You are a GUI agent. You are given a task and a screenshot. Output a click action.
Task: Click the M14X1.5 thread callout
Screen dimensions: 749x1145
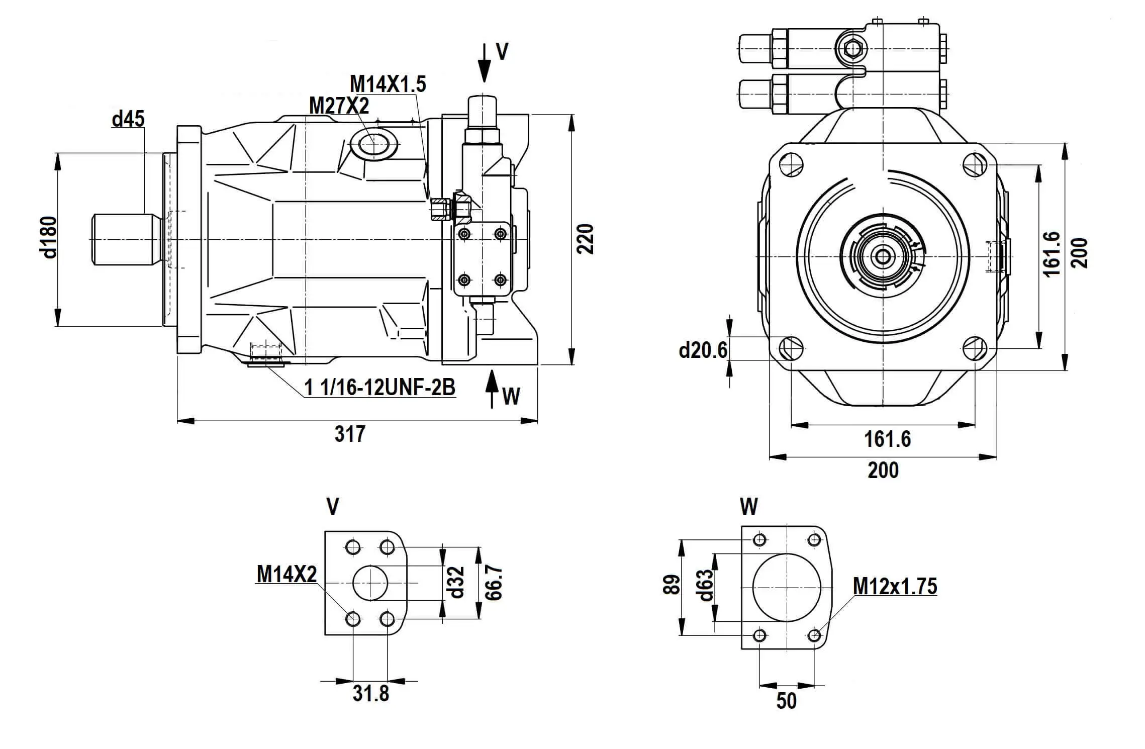pos(388,84)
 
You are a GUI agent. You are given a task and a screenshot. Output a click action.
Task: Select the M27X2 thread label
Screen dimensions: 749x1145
pos(339,106)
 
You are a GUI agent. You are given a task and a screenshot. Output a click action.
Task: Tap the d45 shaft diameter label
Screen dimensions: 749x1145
pos(128,119)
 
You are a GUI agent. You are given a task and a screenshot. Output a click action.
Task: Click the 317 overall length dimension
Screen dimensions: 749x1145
pos(350,434)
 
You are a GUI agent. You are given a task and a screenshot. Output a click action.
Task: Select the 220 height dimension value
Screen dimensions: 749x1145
pos(585,239)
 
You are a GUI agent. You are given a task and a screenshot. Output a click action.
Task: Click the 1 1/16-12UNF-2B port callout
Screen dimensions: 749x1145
pos(379,388)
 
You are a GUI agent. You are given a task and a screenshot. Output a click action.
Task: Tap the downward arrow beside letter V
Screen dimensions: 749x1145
pos(484,63)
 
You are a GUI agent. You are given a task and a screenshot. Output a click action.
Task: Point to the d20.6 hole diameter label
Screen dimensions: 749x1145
pos(703,350)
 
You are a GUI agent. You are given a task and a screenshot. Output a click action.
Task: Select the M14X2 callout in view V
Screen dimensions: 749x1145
pos(287,574)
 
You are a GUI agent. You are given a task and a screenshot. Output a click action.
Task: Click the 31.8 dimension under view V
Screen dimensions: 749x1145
pos(371,694)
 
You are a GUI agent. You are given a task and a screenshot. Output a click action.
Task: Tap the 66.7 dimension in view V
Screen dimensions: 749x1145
pos(494,582)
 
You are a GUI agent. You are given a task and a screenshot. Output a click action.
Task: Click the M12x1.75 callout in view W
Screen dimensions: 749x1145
pos(895,586)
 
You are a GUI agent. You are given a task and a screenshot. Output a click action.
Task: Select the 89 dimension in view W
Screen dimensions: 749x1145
pos(672,585)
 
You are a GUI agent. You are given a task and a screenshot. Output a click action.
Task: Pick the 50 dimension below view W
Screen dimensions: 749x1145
pos(787,701)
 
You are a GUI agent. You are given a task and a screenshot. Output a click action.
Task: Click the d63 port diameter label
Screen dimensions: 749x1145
pos(705,586)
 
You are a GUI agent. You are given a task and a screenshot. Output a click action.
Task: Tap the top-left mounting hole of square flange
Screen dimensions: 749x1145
pos(791,164)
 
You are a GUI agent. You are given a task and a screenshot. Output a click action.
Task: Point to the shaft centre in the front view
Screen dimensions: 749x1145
pos(883,257)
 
